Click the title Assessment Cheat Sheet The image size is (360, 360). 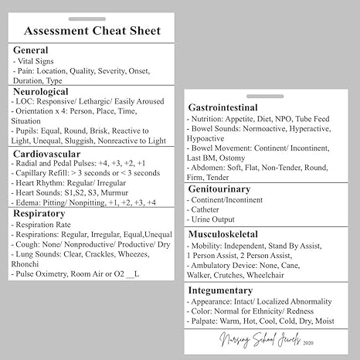pyautogui.click(x=92, y=32)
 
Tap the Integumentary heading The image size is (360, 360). pyautogui.click(x=230, y=289)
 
